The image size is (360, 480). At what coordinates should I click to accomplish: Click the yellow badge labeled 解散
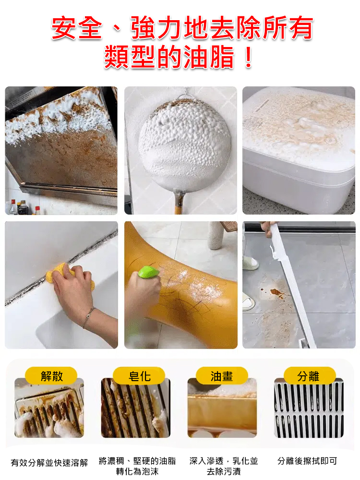click(x=51, y=376)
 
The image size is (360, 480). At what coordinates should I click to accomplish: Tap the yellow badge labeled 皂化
click(x=139, y=376)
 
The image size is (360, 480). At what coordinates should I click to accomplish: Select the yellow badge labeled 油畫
click(x=222, y=376)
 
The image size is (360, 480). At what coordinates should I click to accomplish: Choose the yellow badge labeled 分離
click(x=309, y=376)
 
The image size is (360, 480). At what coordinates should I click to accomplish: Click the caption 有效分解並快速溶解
click(x=49, y=463)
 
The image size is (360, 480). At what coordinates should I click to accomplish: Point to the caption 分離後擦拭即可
click(x=307, y=461)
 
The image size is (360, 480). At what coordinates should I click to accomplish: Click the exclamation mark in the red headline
click(x=248, y=57)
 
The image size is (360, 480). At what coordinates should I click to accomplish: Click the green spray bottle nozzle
click(x=148, y=272)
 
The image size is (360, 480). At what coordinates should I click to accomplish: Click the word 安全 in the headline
click(x=77, y=28)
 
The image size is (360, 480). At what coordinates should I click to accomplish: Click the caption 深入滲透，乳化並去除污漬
click(x=224, y=466)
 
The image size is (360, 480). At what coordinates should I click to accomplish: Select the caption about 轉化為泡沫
click(x=137, y=466)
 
